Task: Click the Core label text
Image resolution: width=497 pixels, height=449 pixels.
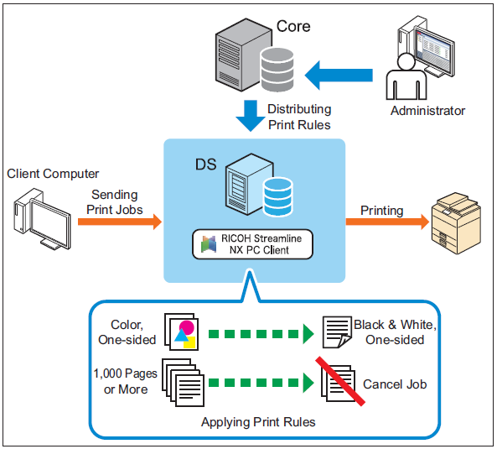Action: [x=293, y=26]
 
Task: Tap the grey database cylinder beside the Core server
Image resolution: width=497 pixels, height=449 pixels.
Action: [x=277, y=70]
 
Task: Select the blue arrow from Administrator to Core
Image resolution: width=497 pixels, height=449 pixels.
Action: [x=339, y=76]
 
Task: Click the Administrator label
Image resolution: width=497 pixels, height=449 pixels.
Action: [x=427, y=111]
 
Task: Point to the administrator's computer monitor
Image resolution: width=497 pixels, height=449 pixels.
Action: [x=434, y=52]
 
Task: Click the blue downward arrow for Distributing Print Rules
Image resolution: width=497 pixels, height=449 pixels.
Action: [x=251, y=116]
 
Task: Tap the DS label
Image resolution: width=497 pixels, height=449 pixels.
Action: [x=205, y=164]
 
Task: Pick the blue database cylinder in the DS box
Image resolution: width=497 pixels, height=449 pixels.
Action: [x=278, y=196]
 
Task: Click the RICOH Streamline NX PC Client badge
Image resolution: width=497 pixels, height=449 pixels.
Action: [x=252, y=244]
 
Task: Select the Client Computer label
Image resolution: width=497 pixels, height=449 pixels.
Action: [x=53, y=174]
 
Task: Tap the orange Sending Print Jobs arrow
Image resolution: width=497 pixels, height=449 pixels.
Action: [x=120, y=222]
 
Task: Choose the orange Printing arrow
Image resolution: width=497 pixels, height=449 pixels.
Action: [x=387, y=222]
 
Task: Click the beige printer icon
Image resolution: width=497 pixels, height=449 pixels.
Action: [x=456, y=223]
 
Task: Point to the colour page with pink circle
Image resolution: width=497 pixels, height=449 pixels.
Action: [x=184, y=334]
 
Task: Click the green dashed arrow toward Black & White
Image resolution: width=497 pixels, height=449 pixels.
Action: [x=261, y=334]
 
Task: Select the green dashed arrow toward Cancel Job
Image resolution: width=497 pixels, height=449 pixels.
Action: [x=261, y=383]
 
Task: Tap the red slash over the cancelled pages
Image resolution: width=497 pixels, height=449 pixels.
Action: [x=340, y=381]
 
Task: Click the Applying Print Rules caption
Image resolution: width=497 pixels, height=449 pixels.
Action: [x=258, y=422]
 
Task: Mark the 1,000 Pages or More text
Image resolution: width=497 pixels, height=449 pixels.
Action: [x=126, y=381]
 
